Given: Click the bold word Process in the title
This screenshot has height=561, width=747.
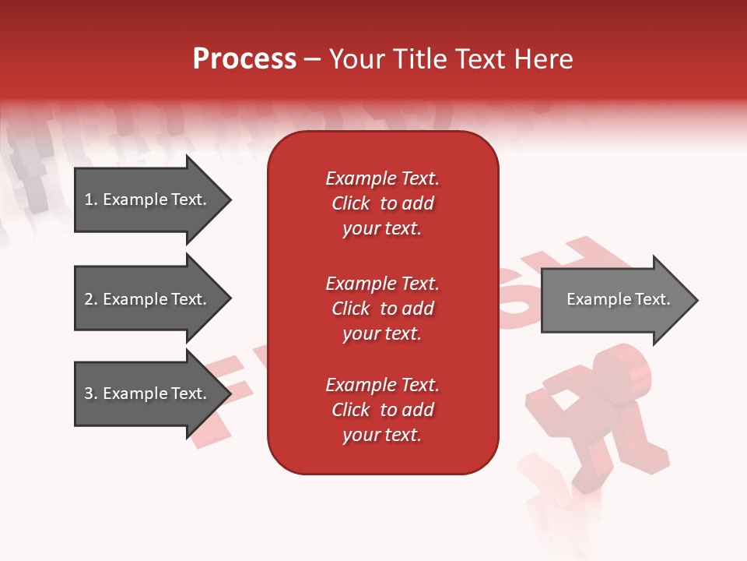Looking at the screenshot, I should click(x=244, y=59).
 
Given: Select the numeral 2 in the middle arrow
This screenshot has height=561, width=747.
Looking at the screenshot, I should click(x=89, y=299).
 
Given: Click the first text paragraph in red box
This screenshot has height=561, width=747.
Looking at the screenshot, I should click(x=382, y=203).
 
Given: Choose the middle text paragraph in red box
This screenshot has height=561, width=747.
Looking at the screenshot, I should click(x=382, y=309).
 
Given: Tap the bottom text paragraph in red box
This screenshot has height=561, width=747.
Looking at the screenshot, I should click(x=382, y=410).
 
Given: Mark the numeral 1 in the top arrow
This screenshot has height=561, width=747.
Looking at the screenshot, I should click(x=89, y=199).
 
